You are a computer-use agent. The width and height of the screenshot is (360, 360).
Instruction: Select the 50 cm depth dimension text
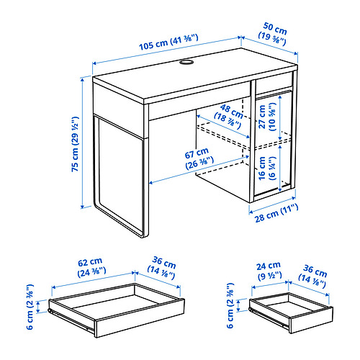click(x=273, y=37)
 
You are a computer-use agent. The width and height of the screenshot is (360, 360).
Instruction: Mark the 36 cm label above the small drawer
click(x=320, y=268)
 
